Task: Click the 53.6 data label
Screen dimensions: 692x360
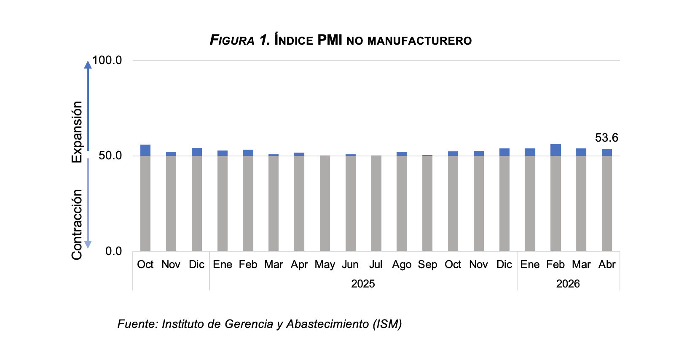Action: click(x=606, y=138)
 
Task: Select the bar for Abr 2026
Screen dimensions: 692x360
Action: click(x=607, y=200)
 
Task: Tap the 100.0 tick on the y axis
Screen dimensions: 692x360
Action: click(x=107, y=60)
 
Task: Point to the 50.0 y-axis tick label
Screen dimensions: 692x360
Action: click(x=110, y=156)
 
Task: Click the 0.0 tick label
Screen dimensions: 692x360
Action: click(x=113, y=251)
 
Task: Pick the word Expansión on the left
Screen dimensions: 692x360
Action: click(x=77, y=132)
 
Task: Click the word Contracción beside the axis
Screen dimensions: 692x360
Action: click(x=77, y=224)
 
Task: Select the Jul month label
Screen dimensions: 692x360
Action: click(x=376, y=264)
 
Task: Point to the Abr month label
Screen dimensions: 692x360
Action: click(x=607, y=264)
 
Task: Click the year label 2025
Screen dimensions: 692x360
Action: click(x=363, y=284)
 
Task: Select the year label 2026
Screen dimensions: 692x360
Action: click(x=568, y=284)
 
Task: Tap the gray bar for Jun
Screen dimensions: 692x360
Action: click(x=351, y=203)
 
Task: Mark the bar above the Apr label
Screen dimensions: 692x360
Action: click(x=299, y=202)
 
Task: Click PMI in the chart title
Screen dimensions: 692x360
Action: click(x=330, y=40)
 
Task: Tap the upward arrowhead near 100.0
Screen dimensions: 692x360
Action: click(x=88, y=64)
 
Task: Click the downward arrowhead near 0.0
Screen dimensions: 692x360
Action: click(x=88, y=244)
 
